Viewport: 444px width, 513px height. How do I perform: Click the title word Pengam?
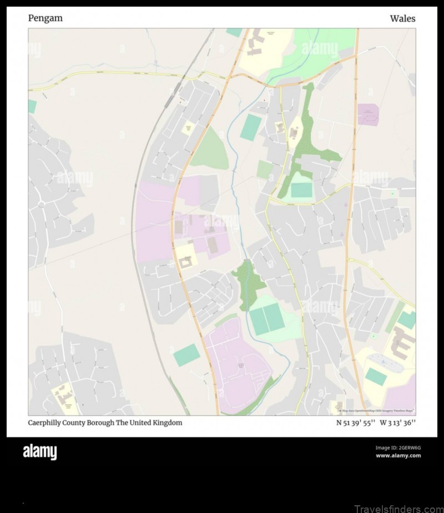coord(46,18)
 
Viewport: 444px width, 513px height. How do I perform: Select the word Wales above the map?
coord(402,19)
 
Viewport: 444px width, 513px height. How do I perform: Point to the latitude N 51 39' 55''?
coord(356,423)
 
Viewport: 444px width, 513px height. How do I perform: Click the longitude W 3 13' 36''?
coord(397,423)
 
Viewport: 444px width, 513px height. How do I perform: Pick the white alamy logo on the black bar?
coord(39,452)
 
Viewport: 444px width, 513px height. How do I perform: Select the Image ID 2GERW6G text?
coord(398,448)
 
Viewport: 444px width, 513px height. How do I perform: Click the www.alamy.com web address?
coord(398,455)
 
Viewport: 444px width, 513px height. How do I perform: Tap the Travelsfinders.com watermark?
coord(398,507)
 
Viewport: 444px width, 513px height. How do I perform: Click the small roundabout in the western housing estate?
coord(41,205)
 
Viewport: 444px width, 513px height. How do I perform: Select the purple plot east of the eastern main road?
coord(367,114)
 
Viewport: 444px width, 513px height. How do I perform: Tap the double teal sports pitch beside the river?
coord(267,319)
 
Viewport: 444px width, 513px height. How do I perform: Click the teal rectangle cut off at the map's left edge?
coord(32,106)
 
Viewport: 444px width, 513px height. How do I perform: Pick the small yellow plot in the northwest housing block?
coord(189,128)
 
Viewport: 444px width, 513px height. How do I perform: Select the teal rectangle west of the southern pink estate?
coord(186,355)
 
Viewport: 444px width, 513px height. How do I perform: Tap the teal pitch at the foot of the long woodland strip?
coord(301,190)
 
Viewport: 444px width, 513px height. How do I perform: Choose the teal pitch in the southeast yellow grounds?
coord(376,377)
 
